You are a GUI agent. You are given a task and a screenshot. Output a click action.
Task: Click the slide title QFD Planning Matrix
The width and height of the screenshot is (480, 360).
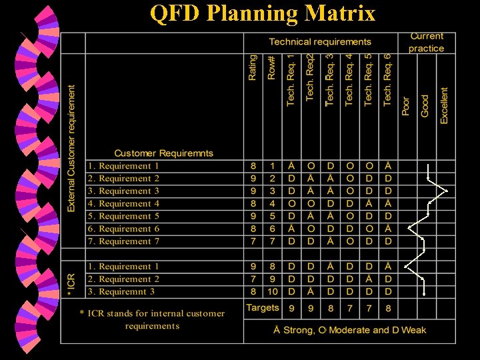(263, 13)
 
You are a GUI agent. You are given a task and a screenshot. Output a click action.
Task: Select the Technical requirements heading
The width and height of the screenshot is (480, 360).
(320, 42)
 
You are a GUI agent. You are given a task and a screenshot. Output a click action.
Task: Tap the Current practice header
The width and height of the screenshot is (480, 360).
(426, 42)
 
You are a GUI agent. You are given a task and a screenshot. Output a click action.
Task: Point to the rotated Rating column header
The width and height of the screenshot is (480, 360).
(252, 68)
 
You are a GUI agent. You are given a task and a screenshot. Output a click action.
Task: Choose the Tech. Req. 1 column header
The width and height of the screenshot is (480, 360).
(291, 81)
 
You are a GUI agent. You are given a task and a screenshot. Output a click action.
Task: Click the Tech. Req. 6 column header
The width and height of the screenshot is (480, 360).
(387, 81)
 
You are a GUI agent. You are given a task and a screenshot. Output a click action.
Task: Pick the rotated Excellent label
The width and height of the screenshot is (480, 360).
(444, 105)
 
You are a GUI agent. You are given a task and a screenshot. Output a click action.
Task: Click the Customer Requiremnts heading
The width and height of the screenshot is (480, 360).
(163, 153)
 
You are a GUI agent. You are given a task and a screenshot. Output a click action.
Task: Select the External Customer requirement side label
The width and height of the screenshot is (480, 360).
(72, 147)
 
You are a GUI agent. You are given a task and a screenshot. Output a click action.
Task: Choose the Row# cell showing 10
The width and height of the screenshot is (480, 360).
(272, 291)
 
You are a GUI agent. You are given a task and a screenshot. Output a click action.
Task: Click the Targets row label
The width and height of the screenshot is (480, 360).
(262, 308)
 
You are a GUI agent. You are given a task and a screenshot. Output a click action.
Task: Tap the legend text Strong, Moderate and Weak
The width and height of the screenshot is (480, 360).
(349, 330)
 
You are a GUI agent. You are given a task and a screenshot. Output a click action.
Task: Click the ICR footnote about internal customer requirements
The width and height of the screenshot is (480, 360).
(153, 319)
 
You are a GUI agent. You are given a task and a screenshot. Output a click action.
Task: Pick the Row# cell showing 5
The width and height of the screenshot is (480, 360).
(272, 216)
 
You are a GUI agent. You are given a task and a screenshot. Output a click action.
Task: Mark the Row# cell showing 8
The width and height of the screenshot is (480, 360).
(272, 267)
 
